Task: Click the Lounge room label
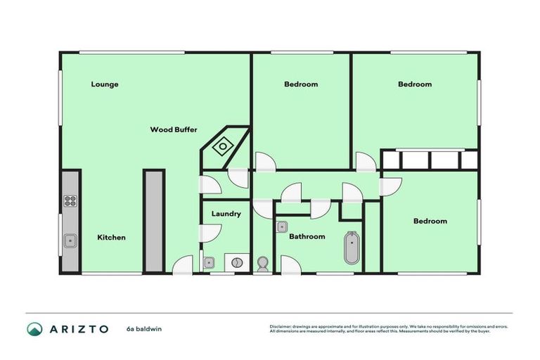(105, 84)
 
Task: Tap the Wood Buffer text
(174, 129)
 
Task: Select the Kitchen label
(111, 238)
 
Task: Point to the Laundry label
(226, 214)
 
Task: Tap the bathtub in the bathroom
(351, 248)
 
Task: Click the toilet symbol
(263, 264)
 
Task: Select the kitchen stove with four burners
(70, 200)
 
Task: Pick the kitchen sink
(70, 241)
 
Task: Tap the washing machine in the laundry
(237, 263)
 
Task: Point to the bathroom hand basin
(281, 226)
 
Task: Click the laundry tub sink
(209, 263)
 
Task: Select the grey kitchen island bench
(153, 219)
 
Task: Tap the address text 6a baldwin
(144, 328)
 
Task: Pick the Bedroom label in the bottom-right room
(430, 221)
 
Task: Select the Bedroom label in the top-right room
(415, 84)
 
